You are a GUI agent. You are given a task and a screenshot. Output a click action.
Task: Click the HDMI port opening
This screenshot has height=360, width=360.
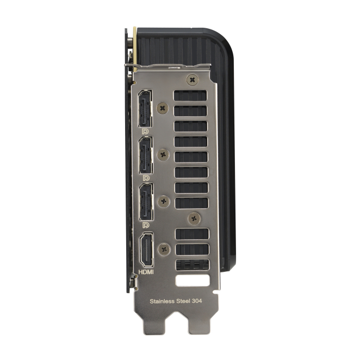pyautogui.click(x=147, y=250)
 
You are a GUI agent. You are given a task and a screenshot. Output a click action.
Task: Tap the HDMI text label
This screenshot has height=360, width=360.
pyautogui.click(x=146, y=272)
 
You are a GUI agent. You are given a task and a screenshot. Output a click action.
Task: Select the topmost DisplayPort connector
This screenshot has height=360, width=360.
pyautogui.click(x=145, y=108)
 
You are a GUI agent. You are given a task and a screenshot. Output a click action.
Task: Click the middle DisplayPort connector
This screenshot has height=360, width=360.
pyautogui.click(x=146, y=155)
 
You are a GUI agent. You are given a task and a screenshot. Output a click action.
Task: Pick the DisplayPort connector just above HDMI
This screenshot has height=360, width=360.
pyautogui.click(x=146, y=202)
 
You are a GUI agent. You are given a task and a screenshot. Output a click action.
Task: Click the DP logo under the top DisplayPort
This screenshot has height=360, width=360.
pyautogui.click(x=145, y=132)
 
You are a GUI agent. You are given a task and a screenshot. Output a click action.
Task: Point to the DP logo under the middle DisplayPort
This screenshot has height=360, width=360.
pyautogui.click(x=146, y=178)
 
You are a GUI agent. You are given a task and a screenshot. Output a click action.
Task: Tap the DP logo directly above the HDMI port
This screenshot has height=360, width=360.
pyautogui.click(x=146, y=225)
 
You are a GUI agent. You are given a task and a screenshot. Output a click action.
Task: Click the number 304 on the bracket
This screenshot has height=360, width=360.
pyautogui.click(x=197, y=301)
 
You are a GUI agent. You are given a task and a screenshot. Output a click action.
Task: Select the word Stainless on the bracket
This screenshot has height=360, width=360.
pyautogui.click(x=162, y=301)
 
